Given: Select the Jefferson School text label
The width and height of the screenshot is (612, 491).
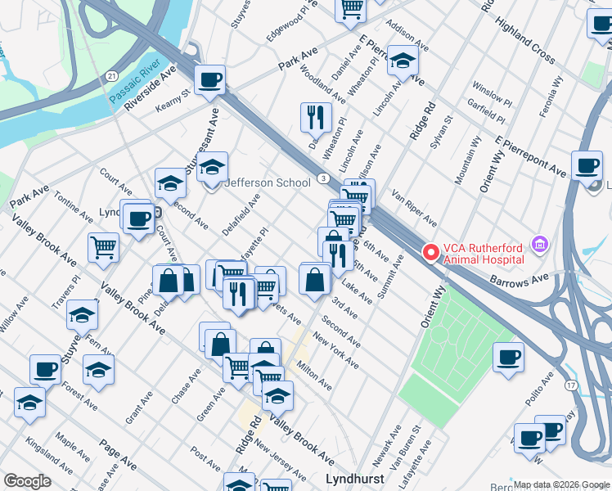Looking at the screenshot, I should (x=268, y=182).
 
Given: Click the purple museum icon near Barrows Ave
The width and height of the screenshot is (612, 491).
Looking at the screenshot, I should (x=538, y=244).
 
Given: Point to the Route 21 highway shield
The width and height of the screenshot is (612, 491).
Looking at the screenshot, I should (x=110, y=75).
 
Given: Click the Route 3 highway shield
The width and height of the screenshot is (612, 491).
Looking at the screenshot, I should (x=325, y=178).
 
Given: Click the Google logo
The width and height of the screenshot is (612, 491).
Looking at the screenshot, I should (x=26, y=481).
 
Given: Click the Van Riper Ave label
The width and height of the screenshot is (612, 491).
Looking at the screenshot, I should (x=414, y=208).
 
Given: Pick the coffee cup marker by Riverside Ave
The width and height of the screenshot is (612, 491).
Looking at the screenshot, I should (x=210, y=80).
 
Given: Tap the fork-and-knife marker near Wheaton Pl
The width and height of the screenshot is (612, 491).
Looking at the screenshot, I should (x=315, y=116).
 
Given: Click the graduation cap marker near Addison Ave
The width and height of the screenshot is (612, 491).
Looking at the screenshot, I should (x=402, y=60).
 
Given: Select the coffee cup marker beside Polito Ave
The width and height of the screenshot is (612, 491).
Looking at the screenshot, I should (x=508, y=357).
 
